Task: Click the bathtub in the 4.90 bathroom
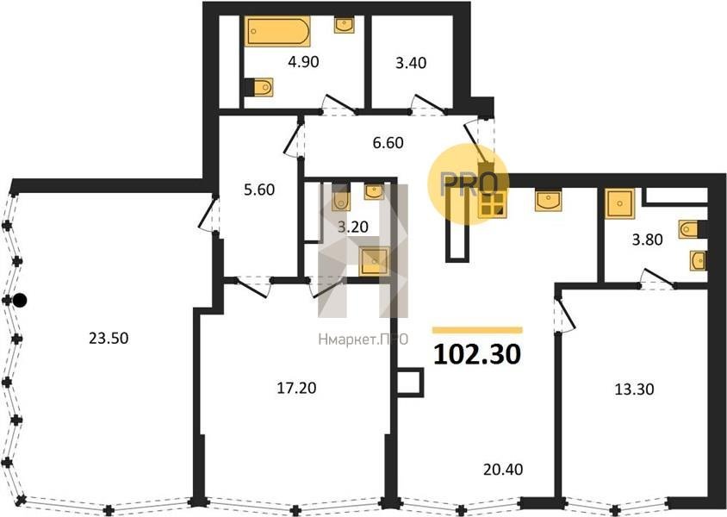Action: tap(277, 32)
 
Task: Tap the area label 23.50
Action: tap(109, 338)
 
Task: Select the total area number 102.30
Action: tap(477, 354)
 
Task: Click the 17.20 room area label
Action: tap(296, 387)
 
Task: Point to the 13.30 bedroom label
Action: tap(634, 389)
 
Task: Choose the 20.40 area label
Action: tap(503, 470)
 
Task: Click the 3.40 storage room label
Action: tap(411, 62)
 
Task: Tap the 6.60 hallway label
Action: tap(388, 142)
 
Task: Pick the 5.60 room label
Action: tap(259, 190)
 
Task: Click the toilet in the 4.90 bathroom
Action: tap(259, 87)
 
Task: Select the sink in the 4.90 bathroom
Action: tap(345, 25)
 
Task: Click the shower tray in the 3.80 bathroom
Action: tap(619, 203)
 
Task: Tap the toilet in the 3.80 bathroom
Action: tap(692, 229)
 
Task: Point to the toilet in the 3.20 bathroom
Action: tap(341, 197)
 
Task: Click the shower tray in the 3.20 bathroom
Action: tap(374, 261)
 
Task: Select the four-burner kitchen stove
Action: tap(492, 204)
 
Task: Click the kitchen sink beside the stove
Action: tap(548, 200)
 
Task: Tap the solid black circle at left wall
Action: tap(20, 301)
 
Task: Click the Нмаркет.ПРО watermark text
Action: tap(363, 339)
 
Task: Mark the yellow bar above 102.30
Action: tap(477, 330)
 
